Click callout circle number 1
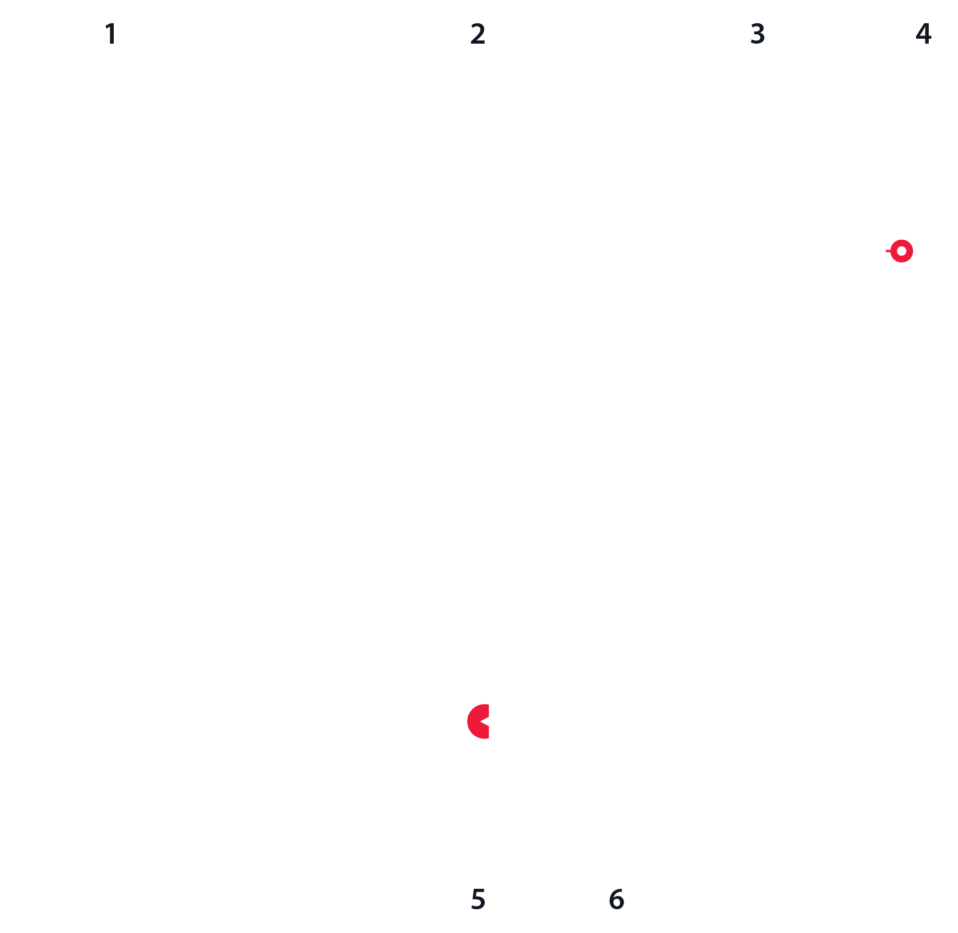111,34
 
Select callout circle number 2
478,34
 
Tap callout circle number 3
758,34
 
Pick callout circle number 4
923,34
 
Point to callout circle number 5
478,899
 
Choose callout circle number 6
616,899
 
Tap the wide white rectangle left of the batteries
391,657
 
